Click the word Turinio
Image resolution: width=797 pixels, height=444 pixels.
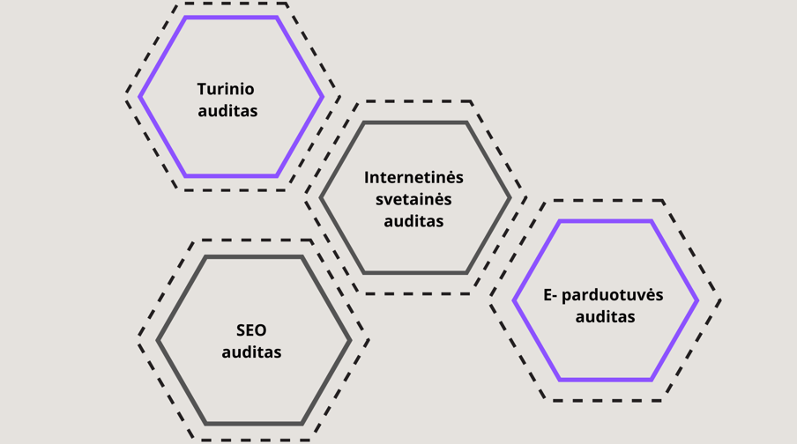pyautogui.click(x=226, y=89)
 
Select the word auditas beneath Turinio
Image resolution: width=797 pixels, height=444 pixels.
pyautogui.click(x=227, y=111)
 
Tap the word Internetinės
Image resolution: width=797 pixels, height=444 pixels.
pyautogui.click(x=413, y=177)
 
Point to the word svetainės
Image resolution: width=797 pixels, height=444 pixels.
pyautogui.click(x=413, y=199)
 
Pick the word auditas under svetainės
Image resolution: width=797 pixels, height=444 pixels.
pyautogui.click(x=413, y=221)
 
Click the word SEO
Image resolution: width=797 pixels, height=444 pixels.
pyautogui.click(x=251, y=330)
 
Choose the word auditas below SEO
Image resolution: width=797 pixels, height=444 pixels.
pyautogui.click(x=251, y=352)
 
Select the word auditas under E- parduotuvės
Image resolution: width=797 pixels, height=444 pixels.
pyautogui.click(x=605, y=317)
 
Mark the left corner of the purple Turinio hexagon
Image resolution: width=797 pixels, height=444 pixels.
pyautogui.click(x=140, y=97)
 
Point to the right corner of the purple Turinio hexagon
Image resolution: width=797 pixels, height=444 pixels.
pyautogui.click(x=322, y=97)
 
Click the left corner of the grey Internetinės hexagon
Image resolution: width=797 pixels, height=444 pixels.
pyautogui.click(x=321, y=198)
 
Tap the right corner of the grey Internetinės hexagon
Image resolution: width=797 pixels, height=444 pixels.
pyautogui.click(x=510, y=198)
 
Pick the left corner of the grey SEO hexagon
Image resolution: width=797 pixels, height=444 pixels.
pyautogui.click(x=158, y=340)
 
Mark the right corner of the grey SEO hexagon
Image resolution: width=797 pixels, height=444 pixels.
pyautogui.click(x=350, y=340)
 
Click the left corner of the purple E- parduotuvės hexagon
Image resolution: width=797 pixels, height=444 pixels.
pyautogui.click(x=514, y=300)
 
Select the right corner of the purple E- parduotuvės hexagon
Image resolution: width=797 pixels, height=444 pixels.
pyautogui.click(x=697, y=300)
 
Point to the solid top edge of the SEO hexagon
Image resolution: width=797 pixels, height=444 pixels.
pyautogui.click(x=254, y=257)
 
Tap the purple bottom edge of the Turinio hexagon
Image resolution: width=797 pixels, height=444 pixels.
pyautogui.click(x=231, y=176)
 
